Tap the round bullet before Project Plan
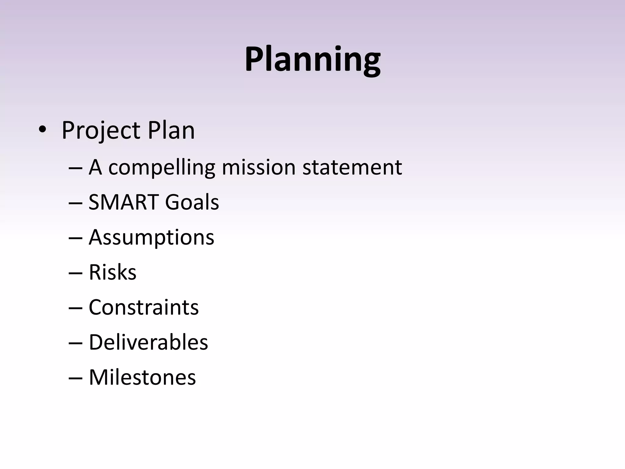pyautogui.click(x=42, y=130)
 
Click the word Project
pyautogui.click(x=101, y=131)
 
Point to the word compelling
pyautogui.click(x=162, y=168)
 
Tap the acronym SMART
pyautogui.click(x=123, y=202)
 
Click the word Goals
pyautogui.click(x=192, y=202)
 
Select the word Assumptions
pyautogui.click(x=151, y=238)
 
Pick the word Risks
pyautogui.click(x=112, y=272)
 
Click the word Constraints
pyautogui.click(x=143, y=307)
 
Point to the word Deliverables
pyautogui.click(x=148, y=342)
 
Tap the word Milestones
pyautogui.click(x=142, y=377)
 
